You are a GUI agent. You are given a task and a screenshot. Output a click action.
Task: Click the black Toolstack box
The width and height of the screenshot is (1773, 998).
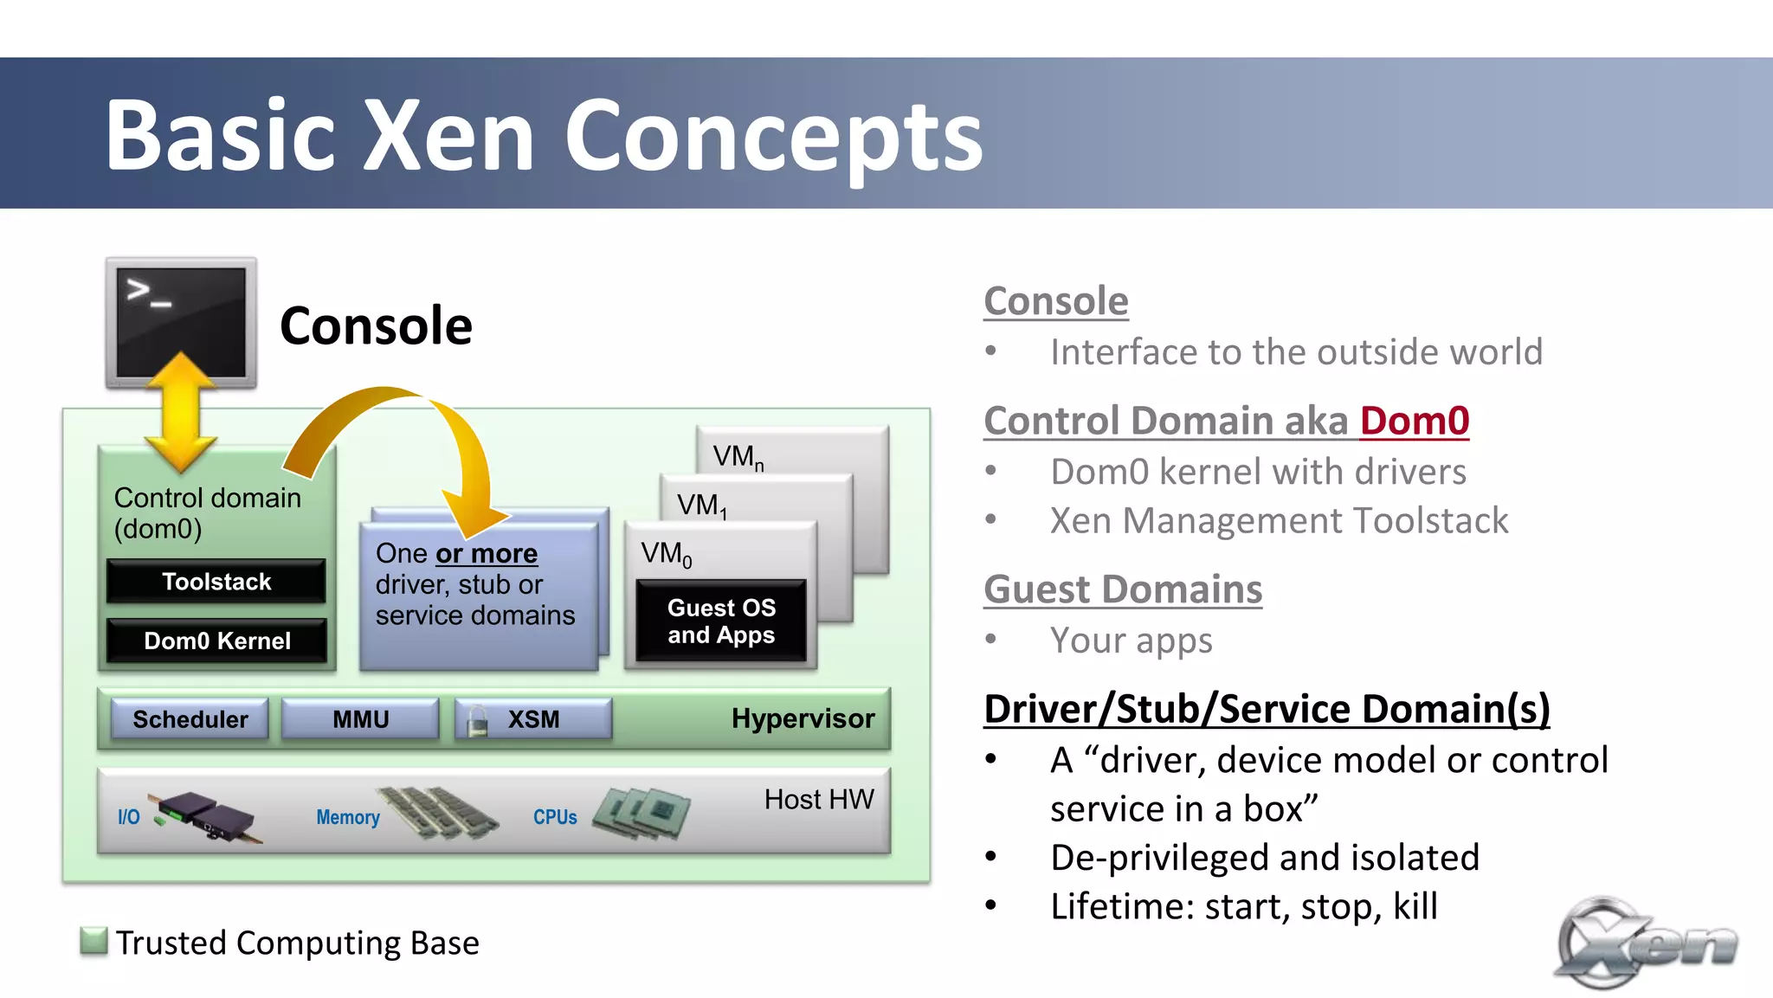click(216, 581)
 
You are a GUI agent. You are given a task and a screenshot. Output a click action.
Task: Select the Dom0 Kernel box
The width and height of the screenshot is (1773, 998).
click(216, 641)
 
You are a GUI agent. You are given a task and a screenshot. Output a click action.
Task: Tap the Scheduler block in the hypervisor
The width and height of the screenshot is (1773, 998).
click(190, 718)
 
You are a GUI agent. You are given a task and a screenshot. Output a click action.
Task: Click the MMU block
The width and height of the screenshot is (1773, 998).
click(361, 718)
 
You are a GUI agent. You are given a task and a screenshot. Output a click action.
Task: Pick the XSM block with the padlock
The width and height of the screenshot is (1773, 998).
click(533, 718)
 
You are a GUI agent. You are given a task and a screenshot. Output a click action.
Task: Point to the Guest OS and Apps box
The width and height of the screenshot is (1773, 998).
click(721, 621)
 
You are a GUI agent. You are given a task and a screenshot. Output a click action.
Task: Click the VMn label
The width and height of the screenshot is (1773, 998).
click(738, 456)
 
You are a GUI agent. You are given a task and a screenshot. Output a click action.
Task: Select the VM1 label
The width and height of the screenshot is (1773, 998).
click(701, 505)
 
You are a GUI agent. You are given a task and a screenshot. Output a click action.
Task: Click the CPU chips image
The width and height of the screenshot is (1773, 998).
click(642, 812)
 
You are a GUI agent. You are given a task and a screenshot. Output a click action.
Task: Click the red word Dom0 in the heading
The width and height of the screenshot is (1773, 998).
click(1414, 421)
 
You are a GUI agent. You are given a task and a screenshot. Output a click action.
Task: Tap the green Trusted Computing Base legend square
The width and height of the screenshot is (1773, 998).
click(93, 940)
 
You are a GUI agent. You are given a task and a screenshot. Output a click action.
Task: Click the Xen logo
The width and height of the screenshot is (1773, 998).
click(1644, 943)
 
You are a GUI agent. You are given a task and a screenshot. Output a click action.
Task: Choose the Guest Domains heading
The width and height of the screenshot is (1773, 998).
click(1123, 589)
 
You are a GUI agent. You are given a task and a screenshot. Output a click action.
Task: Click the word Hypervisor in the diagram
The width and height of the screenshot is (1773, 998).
click(803, 718)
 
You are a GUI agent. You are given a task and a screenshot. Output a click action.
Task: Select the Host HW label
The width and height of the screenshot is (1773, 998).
click(819, 799)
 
